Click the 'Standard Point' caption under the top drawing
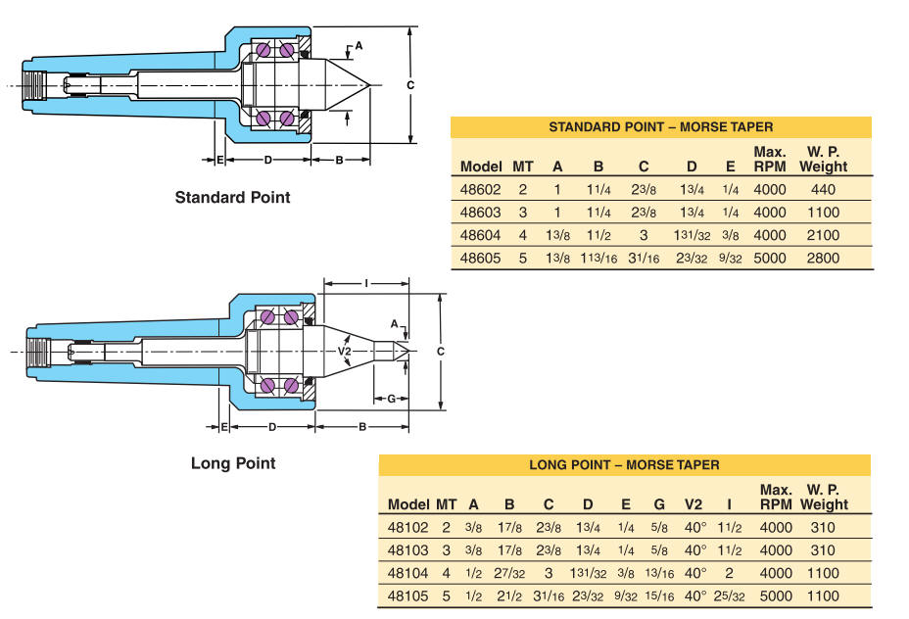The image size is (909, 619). pyautogui.click(x=232, y=198)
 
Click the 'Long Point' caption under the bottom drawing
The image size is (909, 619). pyautogui.click(x=233, y=463)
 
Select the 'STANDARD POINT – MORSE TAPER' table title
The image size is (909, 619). pyautogui.click(x=661, y=127)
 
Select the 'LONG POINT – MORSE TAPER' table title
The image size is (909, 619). pyautogui.click(x=624, y=465)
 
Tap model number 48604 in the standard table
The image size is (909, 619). pyautogui.click(x=480, y=235)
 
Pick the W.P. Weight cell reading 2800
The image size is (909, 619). pyautogui.click(x=823, y=258)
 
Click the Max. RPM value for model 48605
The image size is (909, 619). pyautogui.click(x=770, y=258)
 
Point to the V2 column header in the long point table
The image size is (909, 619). pyautogui.click(x=694, y=504)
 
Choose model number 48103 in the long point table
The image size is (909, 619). pyautogui.click(x=407, y=550)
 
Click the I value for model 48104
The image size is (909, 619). pyautogui.click(x=729, y=573)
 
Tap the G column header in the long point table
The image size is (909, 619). pyautogui.click(x=659, y=504)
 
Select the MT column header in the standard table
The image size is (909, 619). pyautogui.click(x=522, y=167)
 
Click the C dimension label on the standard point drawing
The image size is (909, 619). pyautogui.click(x=410, y=85)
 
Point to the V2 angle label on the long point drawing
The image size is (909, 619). pyautogui.click(x=345, y=352)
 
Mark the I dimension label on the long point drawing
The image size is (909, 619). pyautogui.click(x=366, y=283)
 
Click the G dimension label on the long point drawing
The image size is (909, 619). pyautogui.click(x=391, y=399)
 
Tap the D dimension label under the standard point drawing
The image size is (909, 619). pyautogui.click(x=267, y=160)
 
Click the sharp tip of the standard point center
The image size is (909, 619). pyautogui.click(x=369, y=86)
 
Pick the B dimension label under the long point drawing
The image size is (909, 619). pyautogui.click(x=362, y=427)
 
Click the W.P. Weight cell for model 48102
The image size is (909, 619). pyautogui.click(x=823, y=528)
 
